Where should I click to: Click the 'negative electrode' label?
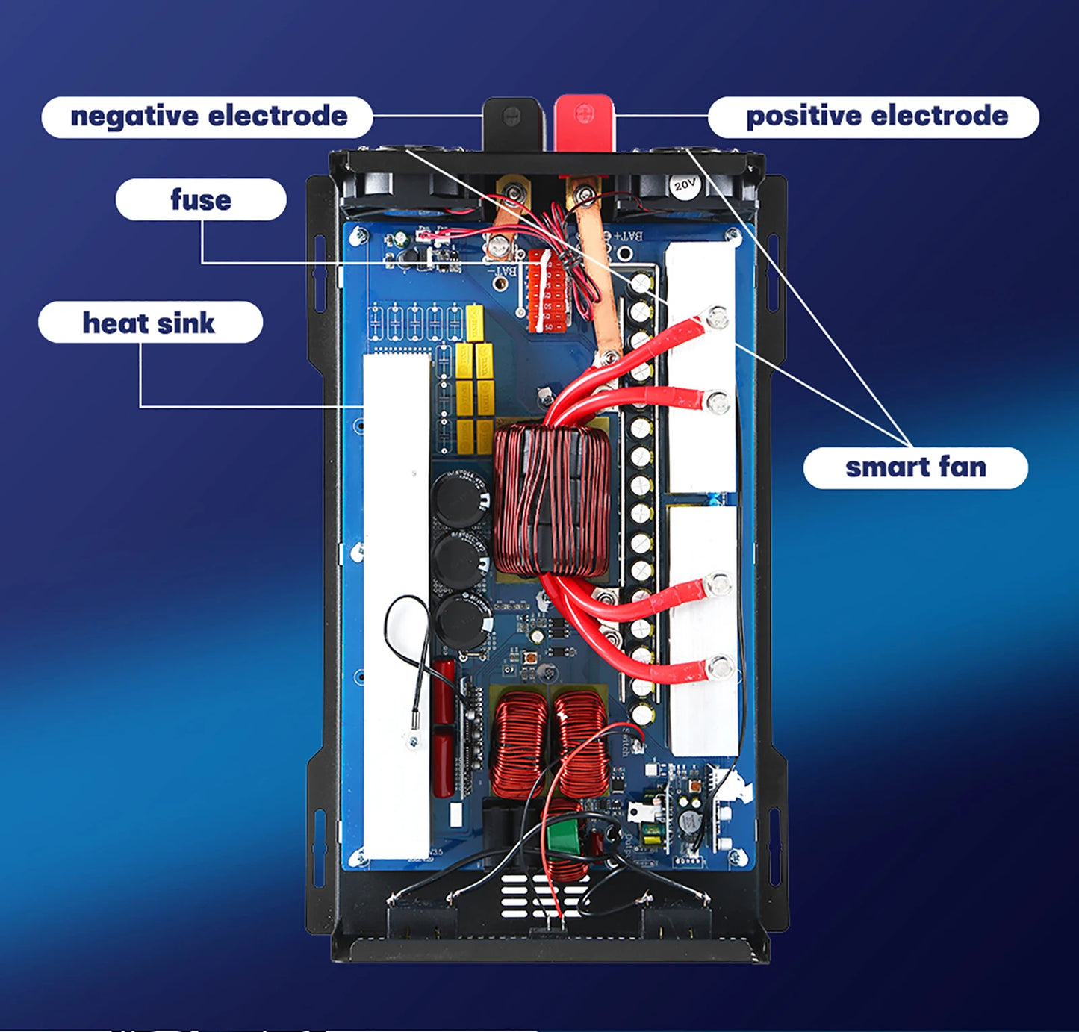(x=207, y=117)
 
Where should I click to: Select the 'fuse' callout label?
(x=200, y=199)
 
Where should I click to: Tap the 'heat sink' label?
(x=149, y=323)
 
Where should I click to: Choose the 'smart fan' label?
(x=915, y=467)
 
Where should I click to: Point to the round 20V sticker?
(x=684, y=184)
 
